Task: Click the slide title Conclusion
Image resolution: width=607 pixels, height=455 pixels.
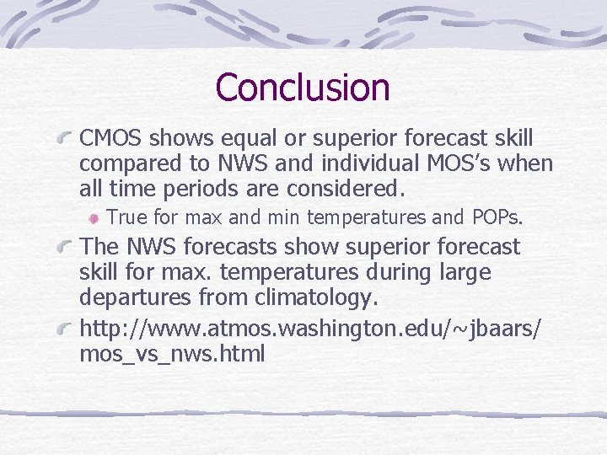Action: coord(303,87)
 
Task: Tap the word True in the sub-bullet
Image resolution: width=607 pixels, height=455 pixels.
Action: coord(127,217)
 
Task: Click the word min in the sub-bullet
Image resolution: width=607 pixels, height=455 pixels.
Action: coord(284,217)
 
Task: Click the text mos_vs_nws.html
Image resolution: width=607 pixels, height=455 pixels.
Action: coord(172,354)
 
